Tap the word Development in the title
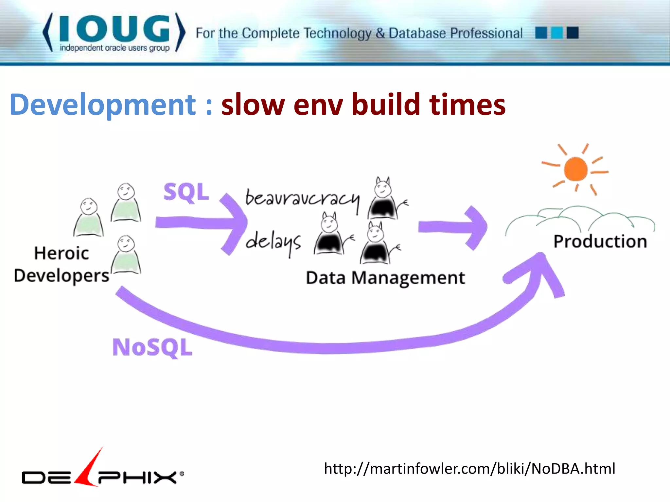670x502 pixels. (x=103, y=105)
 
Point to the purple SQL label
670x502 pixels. (x=186, y=193)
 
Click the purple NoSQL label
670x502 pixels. (x=152, y=347)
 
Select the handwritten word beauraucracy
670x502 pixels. (x=302, y=199)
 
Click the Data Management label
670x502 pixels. (x=385, y=278)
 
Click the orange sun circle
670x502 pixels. (x=575, y=169)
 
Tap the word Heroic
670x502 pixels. (x=62, y=253)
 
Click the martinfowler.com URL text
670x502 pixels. (x=469, y=469)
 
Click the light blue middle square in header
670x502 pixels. (x=557, y=33)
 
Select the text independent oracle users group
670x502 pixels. (x=115, y=48)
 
